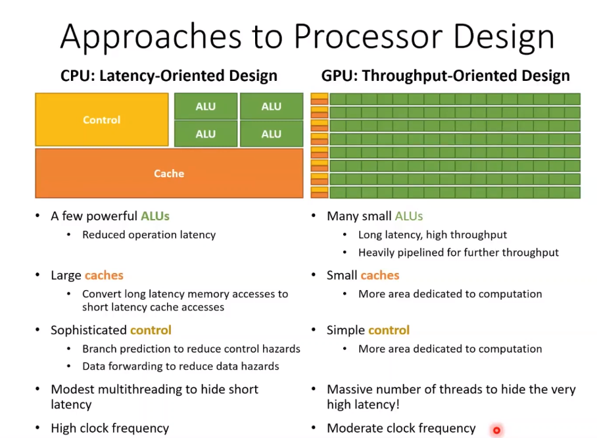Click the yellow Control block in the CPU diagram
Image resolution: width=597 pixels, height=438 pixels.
pyautogui.click(x=101, y=120)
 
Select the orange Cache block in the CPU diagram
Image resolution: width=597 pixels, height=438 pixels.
pyautogui.click(x=169, y=174)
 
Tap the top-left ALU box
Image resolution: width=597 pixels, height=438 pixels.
pyautogui.click(x=205, y=107)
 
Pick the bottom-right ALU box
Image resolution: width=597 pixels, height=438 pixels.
pyautogui.click(x=271, y=134)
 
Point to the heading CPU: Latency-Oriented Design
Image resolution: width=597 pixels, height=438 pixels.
pyautogui.click(x=169, y=76)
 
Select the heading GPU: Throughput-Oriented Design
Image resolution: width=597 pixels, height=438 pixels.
pyautogui.click(x=445, y=76)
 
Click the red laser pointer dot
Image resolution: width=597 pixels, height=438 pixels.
pyautogui.click(x=496, y=431)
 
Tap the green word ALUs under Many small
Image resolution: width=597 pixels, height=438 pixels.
pyautogui.click(x=408, y=216)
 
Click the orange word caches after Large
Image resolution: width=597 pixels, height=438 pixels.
pyautogui.click(x=104, y=275)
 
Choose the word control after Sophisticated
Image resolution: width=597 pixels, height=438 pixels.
pyautogui.click(x=151, y=330)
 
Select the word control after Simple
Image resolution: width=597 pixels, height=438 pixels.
pyautogui.click(x=389, y=330)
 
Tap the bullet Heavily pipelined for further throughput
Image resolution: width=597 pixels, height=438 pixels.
pyautogui.click(x=458, y=253)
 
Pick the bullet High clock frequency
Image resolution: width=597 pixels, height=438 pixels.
pyautogui.click(x=110, y=429)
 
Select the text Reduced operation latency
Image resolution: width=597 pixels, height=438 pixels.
pyautogui.click(x=149, y=235)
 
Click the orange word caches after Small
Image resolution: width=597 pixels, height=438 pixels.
pyautogui.click(x=379, y=275)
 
